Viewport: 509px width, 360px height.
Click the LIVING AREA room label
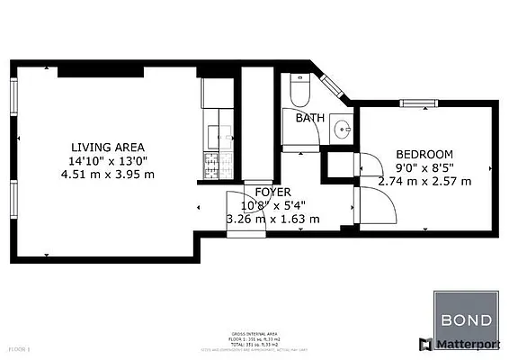click(x=108, y=147)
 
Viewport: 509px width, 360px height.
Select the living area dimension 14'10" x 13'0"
click(x=108, y=160)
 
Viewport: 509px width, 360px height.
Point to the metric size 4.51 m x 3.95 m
click(x=108, y=174)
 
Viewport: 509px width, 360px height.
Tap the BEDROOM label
click(x=424, y=155)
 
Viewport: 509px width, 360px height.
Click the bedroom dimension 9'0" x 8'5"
click(x=424, y=167)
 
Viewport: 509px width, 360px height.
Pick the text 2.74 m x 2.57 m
click(x=424, y=181)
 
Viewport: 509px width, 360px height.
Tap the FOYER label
click(x=272, y=192)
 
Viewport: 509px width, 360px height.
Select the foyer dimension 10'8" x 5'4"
click(x=272, y=204)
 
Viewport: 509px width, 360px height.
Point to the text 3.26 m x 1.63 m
click(x=272, y=218)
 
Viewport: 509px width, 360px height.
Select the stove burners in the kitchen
click(x=214, y=165)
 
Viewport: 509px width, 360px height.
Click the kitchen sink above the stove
click(x=214, y=135)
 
